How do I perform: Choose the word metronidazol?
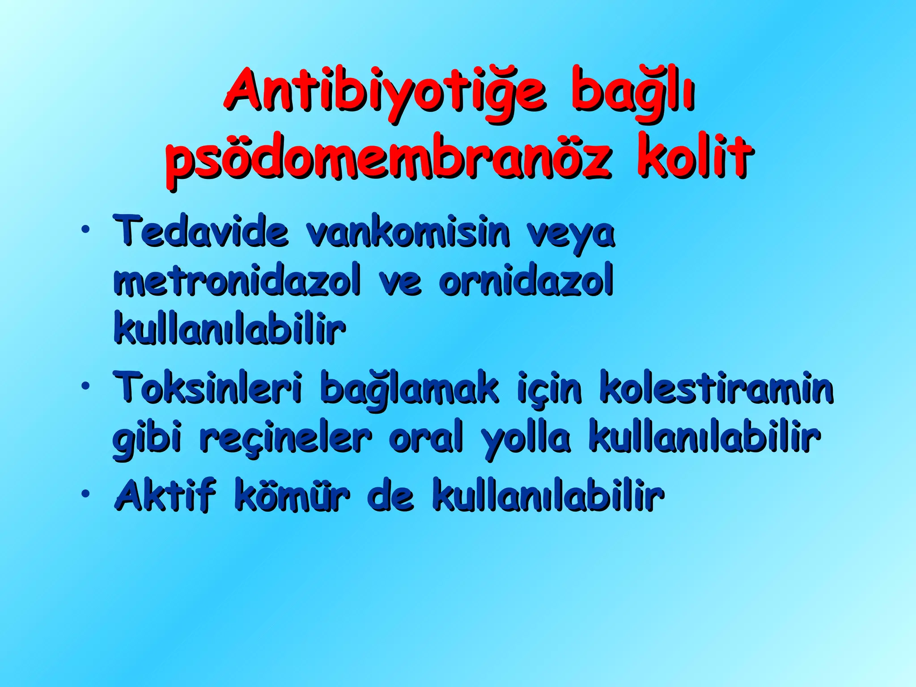click(237, 282)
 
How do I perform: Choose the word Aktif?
click(165, 495)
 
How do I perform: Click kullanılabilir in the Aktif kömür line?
click(547, 496)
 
